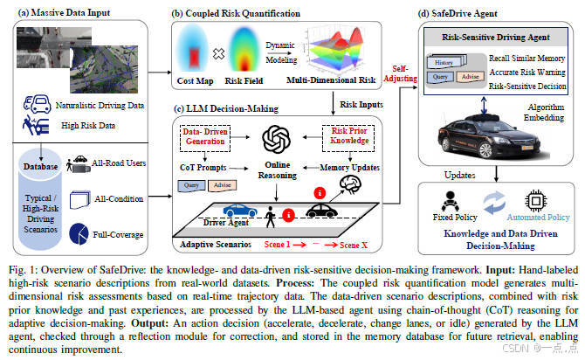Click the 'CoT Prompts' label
[203, 167]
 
